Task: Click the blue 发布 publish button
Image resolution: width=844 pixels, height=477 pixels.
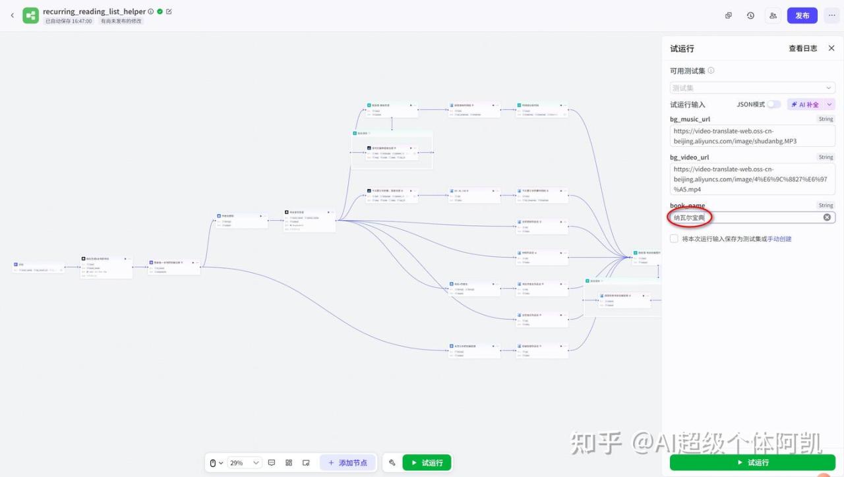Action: coord(802,15)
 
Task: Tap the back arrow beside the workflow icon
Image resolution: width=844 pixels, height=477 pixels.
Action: coord(12,15)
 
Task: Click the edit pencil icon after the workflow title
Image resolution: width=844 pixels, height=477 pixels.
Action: coord(169,11)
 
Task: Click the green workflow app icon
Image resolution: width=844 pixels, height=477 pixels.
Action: coord(30,15)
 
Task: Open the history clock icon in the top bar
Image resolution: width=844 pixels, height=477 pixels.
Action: coord(750,15)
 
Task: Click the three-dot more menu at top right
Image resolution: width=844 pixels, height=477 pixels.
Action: coord(831,15)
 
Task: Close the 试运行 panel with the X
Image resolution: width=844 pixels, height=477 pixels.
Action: coord(831,48)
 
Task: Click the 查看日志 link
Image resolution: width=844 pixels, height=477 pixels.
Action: coord(802,48)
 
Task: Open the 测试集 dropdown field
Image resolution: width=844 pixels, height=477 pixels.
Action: coord(752,88)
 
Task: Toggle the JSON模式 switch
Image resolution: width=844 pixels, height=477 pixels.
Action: coord(773,104)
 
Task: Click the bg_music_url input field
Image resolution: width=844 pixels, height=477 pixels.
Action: coord(752,136)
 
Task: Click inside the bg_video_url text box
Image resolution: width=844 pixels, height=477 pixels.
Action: coord(752,179)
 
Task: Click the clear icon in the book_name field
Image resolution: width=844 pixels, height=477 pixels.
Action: coord(827,217)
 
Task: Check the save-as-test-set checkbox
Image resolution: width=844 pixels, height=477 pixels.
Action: coord(674,238)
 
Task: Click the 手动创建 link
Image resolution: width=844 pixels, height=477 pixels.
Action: coord(779,238)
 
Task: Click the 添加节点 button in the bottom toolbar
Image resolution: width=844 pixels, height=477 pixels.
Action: coord(348,463)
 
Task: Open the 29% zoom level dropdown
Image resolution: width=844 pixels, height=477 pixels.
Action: coord(245,463)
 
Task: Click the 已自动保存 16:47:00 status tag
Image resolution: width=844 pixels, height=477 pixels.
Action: coord(69,21)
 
